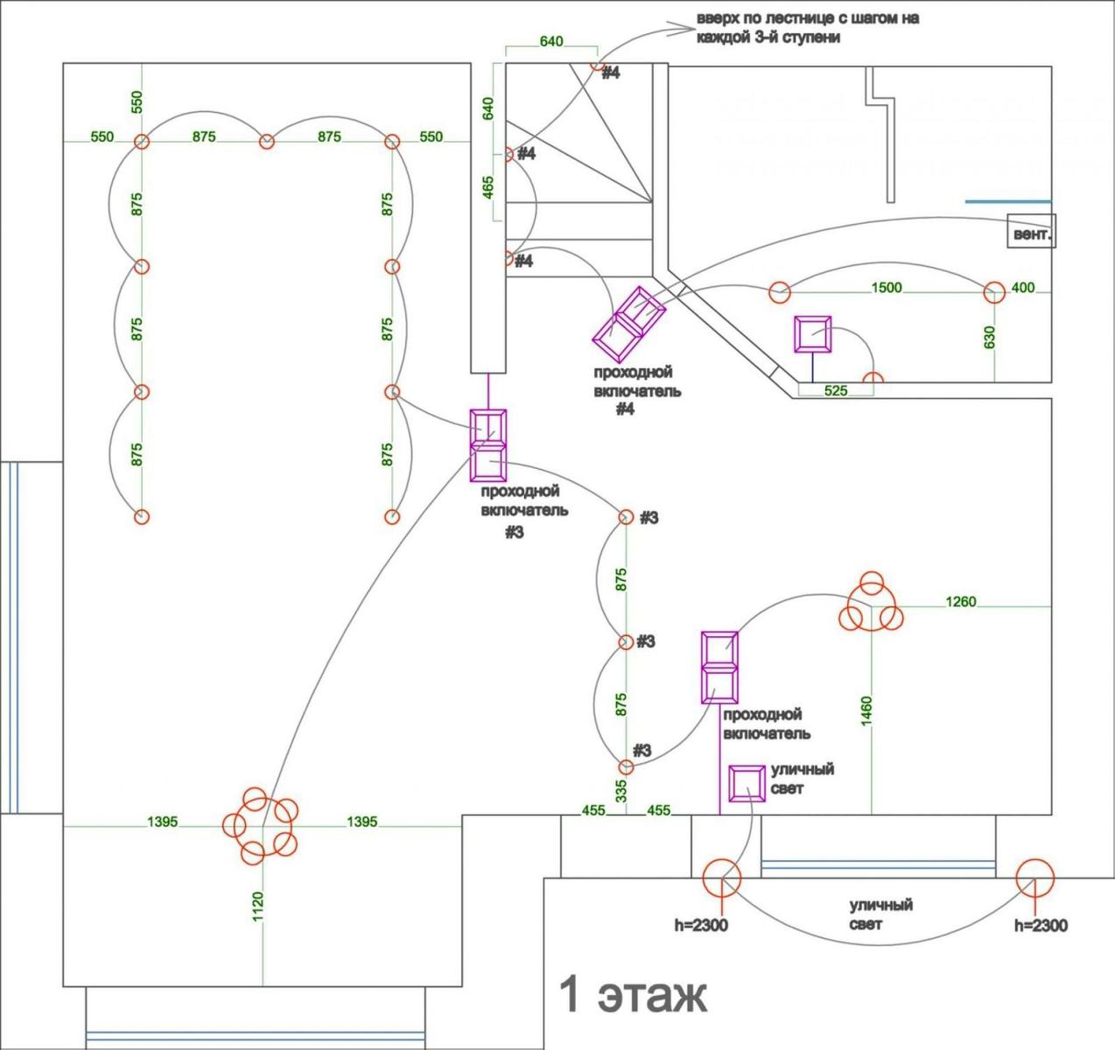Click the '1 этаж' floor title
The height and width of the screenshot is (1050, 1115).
(633, 995)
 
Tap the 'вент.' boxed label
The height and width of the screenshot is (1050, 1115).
(1032, 234)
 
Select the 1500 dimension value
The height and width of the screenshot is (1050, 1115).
(886, 287)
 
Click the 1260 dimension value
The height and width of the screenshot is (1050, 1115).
(960, 601)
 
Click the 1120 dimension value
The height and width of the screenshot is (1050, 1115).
(257, 906)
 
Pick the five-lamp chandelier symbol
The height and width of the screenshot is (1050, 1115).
(261, 826)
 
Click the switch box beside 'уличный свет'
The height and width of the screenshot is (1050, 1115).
(747, 784)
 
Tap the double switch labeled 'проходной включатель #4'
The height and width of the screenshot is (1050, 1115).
(629, 324)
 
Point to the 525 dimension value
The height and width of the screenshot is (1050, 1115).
(836, 391)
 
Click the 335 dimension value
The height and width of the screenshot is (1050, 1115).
(621, 791)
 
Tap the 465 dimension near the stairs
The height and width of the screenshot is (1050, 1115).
(488, 186)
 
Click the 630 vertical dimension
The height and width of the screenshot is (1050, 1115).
(989, 338)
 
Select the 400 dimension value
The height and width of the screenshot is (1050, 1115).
(1022, 287)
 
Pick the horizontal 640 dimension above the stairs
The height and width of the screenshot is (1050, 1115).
(551, 41)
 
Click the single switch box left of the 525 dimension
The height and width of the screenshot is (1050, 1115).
(812, 335)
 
